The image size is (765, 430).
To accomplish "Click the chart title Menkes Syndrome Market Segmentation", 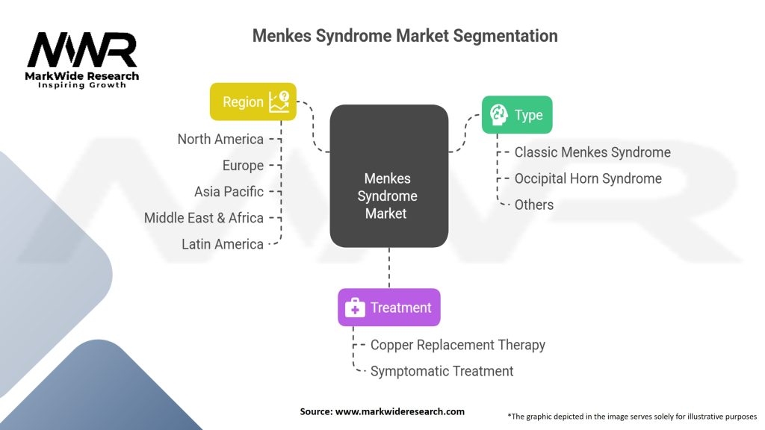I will coord(404,36).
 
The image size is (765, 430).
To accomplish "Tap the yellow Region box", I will coord(253,102).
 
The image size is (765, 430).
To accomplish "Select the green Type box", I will coord(516,115).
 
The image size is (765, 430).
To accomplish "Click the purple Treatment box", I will coord(388,308).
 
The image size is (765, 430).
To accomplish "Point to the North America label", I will coord(220,139).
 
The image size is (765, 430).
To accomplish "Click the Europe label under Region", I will coord(243,165).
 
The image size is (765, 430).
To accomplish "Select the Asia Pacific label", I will coord(229,191).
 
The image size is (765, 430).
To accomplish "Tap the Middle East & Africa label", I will coord(204,218).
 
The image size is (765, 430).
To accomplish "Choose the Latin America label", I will coord(223,244).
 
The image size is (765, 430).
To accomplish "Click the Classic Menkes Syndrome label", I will coord(592,152).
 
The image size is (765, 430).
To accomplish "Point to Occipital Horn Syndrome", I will coord(588,178).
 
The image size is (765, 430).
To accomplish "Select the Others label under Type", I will coord(534,205).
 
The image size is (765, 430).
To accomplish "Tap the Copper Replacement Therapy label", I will coord(458,345).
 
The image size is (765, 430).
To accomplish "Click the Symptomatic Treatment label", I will coord(442,371).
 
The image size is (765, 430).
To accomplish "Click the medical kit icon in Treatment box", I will coord(355,308).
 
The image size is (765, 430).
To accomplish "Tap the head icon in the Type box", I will coord(498,115).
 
